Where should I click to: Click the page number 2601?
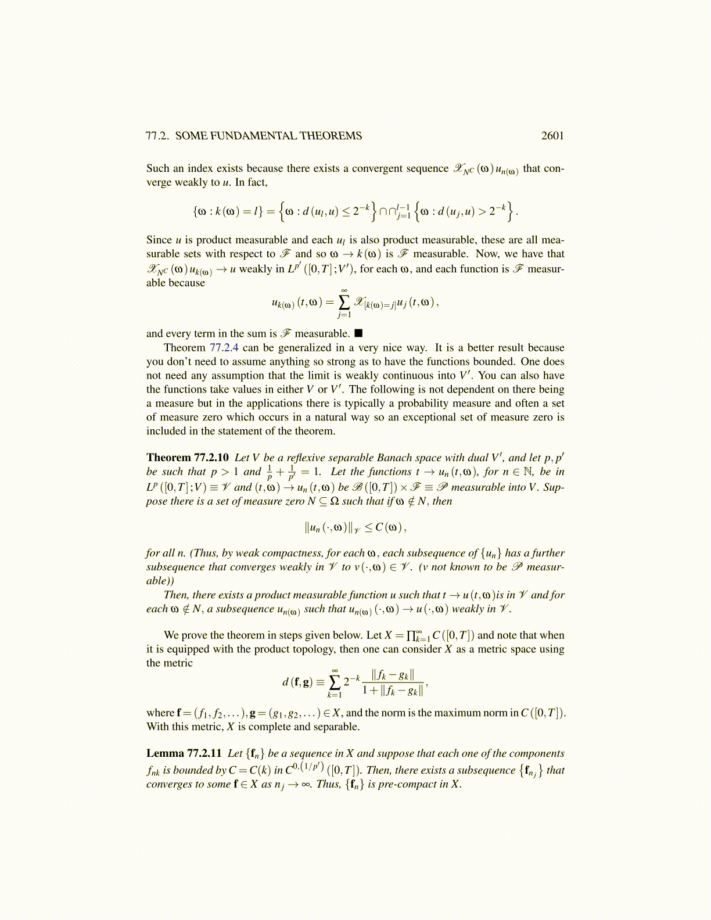coord(552,136)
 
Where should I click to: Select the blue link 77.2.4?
coord(224,348)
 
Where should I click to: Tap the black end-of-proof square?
coord(358,333)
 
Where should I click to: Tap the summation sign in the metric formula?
coord(335,682)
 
